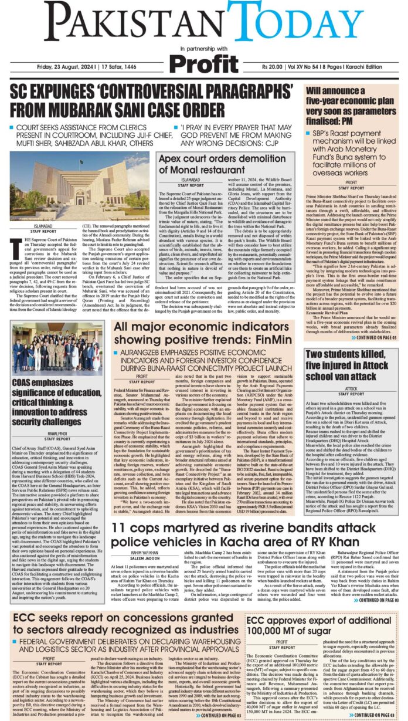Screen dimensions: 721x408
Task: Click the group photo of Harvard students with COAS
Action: point(57,349)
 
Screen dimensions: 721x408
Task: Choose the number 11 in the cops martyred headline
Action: point(119,529)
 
